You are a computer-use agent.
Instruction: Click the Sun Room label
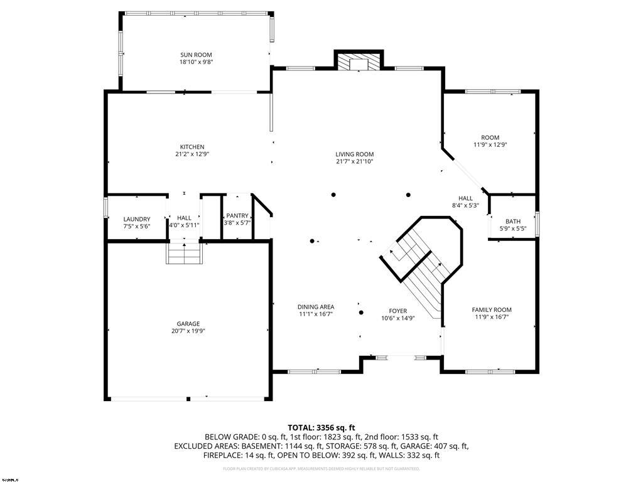[x=196, y=55]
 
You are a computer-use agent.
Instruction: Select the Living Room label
[x=355, y=154]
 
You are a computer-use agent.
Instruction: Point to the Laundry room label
[x=136, y=219]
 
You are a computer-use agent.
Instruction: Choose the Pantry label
[x=237, y=215]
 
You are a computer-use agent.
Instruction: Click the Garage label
[x=188, y=324]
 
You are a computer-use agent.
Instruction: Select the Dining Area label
[x=315, y=307]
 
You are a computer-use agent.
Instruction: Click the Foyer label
[x=397, y=311]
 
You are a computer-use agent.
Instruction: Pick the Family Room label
[x=492, y=309]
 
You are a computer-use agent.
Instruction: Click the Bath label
[x=513, y=222]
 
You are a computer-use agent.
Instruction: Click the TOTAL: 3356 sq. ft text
[x=321, y=427]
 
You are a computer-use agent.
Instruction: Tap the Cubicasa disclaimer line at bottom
[x=321, y=469]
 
